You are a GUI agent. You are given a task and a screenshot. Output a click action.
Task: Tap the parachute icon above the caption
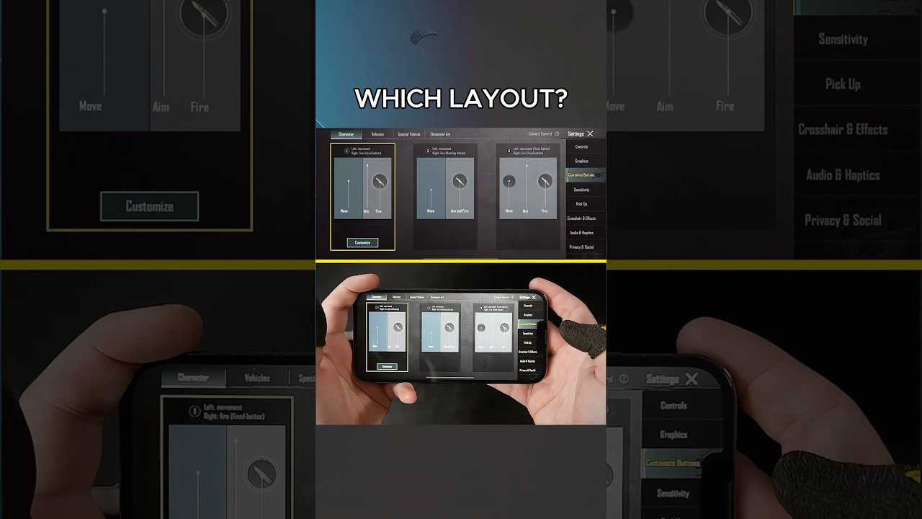pos(424,38)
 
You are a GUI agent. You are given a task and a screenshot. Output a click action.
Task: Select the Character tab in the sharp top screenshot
pos(346,134)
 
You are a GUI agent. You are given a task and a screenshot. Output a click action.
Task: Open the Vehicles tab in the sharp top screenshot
pos(377,134)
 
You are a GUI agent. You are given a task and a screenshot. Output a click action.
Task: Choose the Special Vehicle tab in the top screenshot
pos(409,134)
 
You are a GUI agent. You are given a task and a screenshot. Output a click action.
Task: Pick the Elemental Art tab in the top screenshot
pos(440,134)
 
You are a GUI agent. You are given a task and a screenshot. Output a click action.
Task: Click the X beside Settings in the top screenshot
pos(590,133)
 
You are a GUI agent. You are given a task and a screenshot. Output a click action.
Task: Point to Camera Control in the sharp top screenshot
pos(540,133)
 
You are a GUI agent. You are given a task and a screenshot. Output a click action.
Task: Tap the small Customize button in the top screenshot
pos(362,243)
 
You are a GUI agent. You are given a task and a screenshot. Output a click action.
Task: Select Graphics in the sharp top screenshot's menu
pos(581,161)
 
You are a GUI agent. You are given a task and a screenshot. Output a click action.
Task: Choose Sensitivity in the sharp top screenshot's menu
pos(581,190)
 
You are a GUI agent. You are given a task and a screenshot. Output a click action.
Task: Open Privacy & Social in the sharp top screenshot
pos(581,247)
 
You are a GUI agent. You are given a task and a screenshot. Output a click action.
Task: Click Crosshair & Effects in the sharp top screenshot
pos(581,218)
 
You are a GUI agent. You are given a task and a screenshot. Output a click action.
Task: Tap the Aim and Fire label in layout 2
pos(460,211)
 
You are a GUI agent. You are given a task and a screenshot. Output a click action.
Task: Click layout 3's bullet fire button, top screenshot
pos(545,181)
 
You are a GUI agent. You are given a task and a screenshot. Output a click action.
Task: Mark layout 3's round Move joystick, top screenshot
pos(509,182)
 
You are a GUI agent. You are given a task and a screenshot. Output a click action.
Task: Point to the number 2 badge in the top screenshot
pos(428,151)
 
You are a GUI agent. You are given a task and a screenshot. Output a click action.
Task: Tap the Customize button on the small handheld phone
pos(387,366)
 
